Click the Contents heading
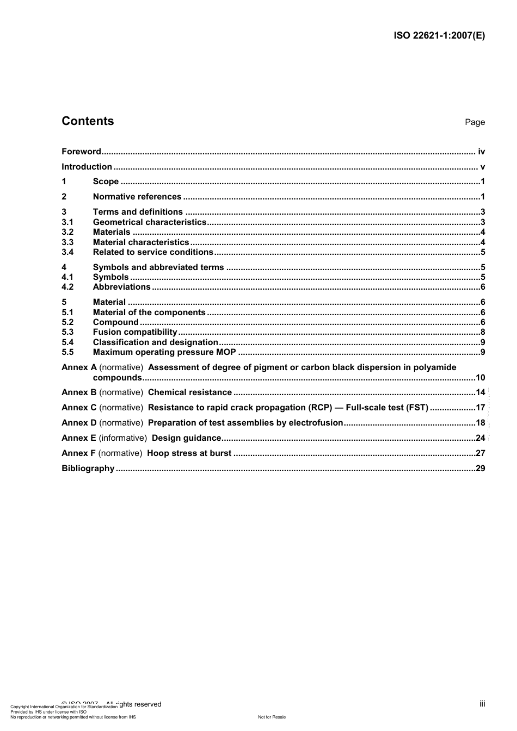point(88,121)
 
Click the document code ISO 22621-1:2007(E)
point(439,36)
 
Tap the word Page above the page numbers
point(475,122)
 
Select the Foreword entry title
point(81,152)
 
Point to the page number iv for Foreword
point(481,152)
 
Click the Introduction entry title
point(87,167)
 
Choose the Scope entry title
point(106,182)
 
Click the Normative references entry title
point(137,197)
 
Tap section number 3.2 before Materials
point(67,232)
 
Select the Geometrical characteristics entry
point(150,222)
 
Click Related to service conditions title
point(153,252)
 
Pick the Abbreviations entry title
point(121,287)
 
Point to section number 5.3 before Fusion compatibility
point(67,332)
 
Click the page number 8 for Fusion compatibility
point(483,332)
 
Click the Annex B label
point(79,392)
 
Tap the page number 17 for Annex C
point(480,408)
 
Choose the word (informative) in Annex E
point(122,438)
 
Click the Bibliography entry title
point(88,468)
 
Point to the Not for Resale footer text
point(272,717)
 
